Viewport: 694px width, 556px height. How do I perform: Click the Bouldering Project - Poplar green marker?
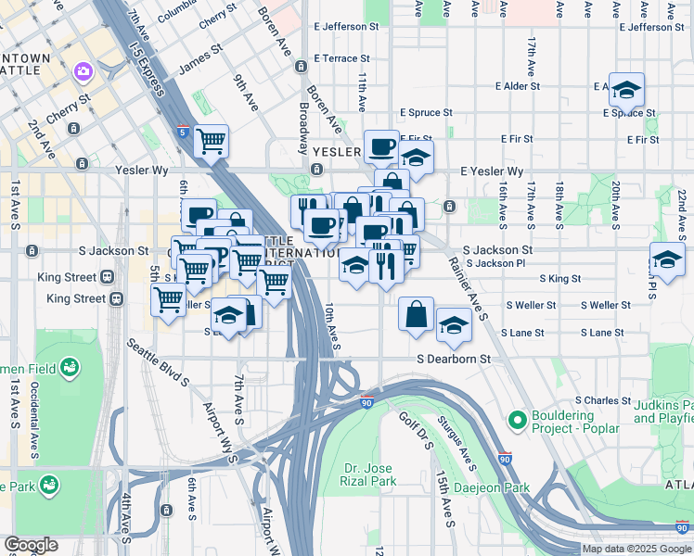(x=518, y=422)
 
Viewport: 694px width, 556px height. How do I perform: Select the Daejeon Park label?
(x=497, y=487)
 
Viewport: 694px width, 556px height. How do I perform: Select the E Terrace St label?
(x=348, y=57)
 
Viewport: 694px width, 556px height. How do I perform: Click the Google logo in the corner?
(x=30, y=545)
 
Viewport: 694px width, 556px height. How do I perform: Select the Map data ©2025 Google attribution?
(x=636, y=549)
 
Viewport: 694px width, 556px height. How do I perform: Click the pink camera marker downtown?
(x=83, y=70)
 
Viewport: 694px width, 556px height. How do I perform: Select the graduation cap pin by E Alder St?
(x=627, y=90)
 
